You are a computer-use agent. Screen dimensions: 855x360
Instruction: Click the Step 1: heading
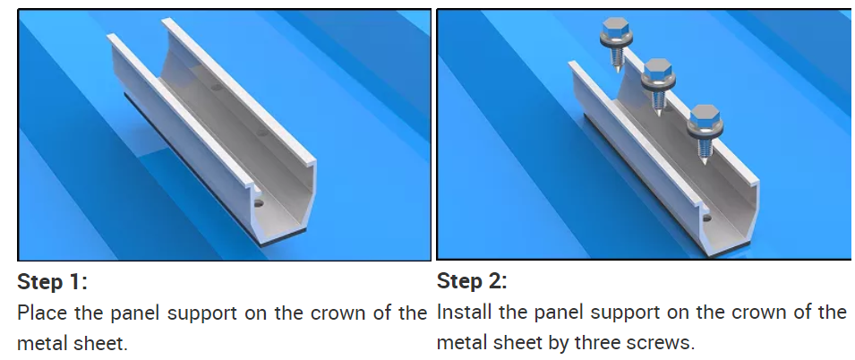(x=52, y=283)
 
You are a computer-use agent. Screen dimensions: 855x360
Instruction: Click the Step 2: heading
(x=472, y=281)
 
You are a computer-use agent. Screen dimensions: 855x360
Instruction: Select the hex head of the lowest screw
(x=705, y=116)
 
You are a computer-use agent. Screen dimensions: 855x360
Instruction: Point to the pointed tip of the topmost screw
(x=617, y=72)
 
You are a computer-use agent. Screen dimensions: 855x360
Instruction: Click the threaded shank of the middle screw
(x=658, y=101)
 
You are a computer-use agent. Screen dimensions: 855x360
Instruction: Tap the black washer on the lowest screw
(x=705, y=131)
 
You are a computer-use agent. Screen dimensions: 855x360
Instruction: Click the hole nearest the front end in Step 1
(x=259, y=204)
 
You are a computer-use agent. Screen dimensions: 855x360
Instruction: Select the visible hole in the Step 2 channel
(x=707, y=219)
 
